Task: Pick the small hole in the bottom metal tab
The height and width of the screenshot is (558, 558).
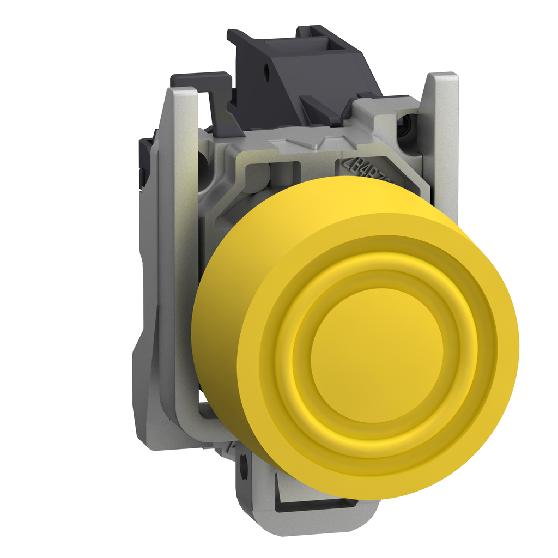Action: click(243, 466)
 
